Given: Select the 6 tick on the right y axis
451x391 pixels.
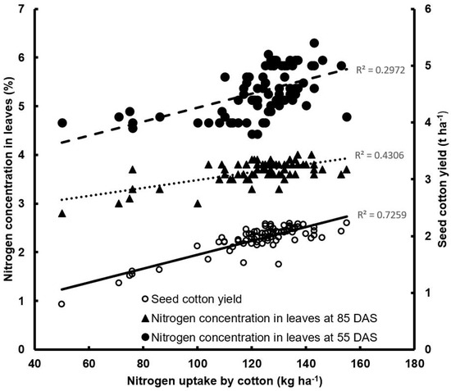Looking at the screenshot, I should pyautogui.click(x=425, y=9).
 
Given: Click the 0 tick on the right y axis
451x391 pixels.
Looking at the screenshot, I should pyautogui.click(x=425, y=349).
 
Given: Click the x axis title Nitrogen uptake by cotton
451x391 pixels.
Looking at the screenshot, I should pyautogui.click(x=225, y=381).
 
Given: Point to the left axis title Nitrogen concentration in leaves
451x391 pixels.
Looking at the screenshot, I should pyautogui.click(x=9, y=179).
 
